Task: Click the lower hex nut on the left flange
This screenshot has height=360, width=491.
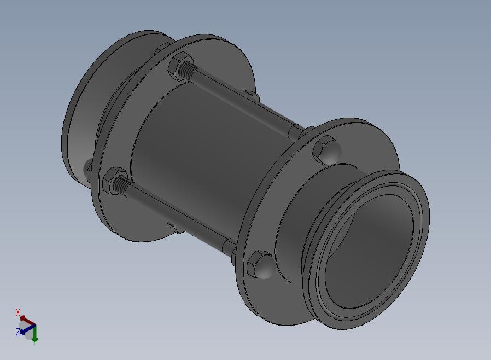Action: pos(114,181)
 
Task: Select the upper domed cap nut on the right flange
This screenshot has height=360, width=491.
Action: pos(326,150)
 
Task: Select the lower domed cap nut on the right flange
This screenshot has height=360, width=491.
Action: pos(261,265)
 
